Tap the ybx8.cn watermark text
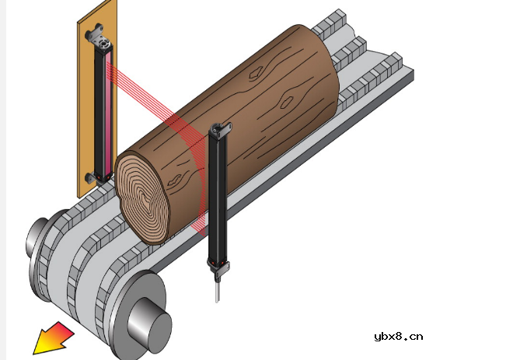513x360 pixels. point(399,337)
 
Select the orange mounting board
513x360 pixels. point(97,98)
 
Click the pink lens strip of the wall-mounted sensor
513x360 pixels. point(108,114)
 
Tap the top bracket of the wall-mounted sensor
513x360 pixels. point(97,37)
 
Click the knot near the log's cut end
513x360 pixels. point(175,180)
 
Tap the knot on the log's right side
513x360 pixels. point(287,102)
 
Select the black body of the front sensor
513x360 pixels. point(217,197)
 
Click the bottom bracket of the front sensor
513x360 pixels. point(218,267)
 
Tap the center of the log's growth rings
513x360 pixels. point(144,198)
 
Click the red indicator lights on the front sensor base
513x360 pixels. point(217,263)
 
